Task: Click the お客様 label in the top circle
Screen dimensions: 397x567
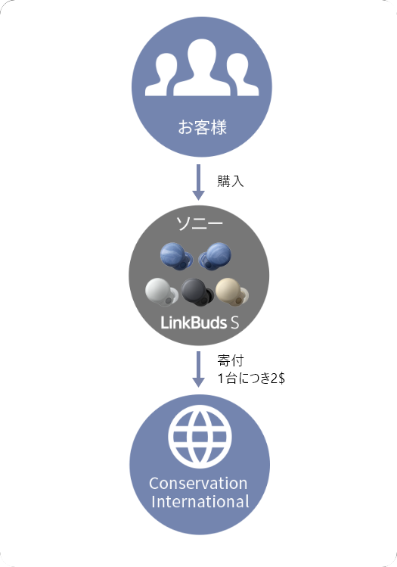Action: point(203,127)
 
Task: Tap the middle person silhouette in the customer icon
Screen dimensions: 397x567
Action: point(202,67)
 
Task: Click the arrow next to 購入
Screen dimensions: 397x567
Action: point(198,182)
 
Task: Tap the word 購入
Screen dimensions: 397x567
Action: point(231,181)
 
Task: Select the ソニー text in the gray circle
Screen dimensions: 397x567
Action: point(199,223)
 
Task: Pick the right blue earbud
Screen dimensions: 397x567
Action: point(216,257)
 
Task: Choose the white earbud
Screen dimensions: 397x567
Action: point(162,292)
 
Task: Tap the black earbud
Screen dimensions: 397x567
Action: point(197,291)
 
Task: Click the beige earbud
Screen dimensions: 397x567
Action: point(232,291)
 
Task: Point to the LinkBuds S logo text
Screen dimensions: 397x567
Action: point(200,322)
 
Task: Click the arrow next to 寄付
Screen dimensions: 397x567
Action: point(198,369)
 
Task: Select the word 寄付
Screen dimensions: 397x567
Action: point(231,360)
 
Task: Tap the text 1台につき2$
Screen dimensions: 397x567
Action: point(251,379)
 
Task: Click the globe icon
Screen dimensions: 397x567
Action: point(200,437)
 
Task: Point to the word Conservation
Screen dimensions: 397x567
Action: point(198,484)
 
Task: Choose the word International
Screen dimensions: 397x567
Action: point(200,502)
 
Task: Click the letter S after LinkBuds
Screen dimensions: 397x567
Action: point(235,322)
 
